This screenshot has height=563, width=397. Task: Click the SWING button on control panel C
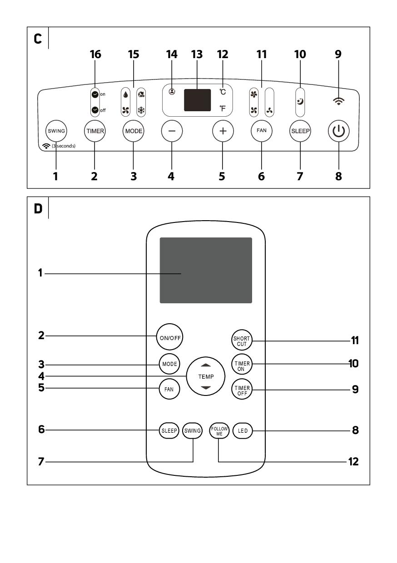point(56,131)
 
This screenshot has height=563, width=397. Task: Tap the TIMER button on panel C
point(95,131)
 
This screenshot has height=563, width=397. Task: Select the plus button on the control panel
point(223,131)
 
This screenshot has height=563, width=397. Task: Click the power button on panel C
point(338,132)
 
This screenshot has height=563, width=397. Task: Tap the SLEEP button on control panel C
point(300,131)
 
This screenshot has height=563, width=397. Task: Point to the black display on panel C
point(197,100)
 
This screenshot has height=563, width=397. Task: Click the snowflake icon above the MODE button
point(141,109)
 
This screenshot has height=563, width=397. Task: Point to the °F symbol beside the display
point(223,108)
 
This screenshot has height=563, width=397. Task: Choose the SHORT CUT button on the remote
point(241,341)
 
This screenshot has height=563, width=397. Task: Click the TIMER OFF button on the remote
point(241,390)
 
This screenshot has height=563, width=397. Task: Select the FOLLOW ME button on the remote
point(219,430)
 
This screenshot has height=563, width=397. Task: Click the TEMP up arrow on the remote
point(206,365)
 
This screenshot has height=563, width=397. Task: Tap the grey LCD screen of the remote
point(206,270)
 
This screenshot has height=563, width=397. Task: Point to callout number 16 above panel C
point(95,54)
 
